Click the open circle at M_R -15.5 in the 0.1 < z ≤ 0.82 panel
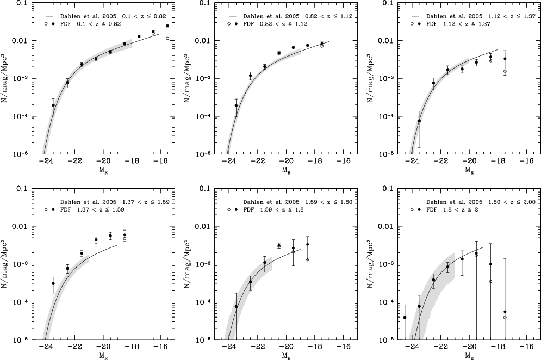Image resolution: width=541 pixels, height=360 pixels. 167,38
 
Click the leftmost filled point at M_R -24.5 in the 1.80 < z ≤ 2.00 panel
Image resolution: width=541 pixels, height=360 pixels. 405,317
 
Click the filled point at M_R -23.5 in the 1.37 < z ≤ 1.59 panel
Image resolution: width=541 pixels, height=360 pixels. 53,283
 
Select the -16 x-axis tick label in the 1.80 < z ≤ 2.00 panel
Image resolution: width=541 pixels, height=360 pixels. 526,347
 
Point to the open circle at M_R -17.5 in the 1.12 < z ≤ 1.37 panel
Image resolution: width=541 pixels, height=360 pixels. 505,71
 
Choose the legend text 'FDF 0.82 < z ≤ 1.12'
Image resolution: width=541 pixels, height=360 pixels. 271,24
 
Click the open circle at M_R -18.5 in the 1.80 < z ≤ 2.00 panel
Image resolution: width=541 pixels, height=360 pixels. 490,281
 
